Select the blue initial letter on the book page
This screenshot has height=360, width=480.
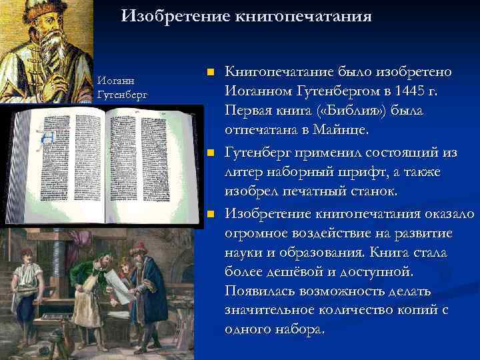point(47,137)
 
